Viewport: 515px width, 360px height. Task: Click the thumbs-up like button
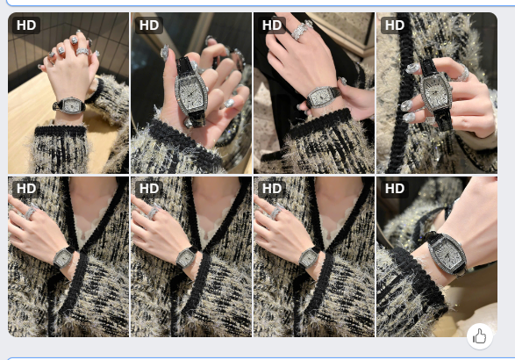pos(479,337)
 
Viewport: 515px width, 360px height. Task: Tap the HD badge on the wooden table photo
pos(26,25)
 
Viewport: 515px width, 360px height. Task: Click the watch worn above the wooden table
pos(70,105)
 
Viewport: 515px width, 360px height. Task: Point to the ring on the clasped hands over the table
pos(82,52)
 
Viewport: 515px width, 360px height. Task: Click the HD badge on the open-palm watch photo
pos(149,25)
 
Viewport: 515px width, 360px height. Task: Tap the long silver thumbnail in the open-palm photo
pos(164,53)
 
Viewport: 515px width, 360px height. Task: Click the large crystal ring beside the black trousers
pos(302,30)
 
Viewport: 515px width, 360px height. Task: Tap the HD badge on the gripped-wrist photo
pos(272,25)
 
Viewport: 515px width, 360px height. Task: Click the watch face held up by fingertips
pos(435,93)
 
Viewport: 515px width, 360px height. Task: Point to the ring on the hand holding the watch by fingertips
pos(461,74)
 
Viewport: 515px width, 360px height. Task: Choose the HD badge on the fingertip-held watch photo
pos(395,25)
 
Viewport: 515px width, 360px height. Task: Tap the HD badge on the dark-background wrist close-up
pos(395,189)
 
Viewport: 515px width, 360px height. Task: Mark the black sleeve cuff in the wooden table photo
pos(61,131)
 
